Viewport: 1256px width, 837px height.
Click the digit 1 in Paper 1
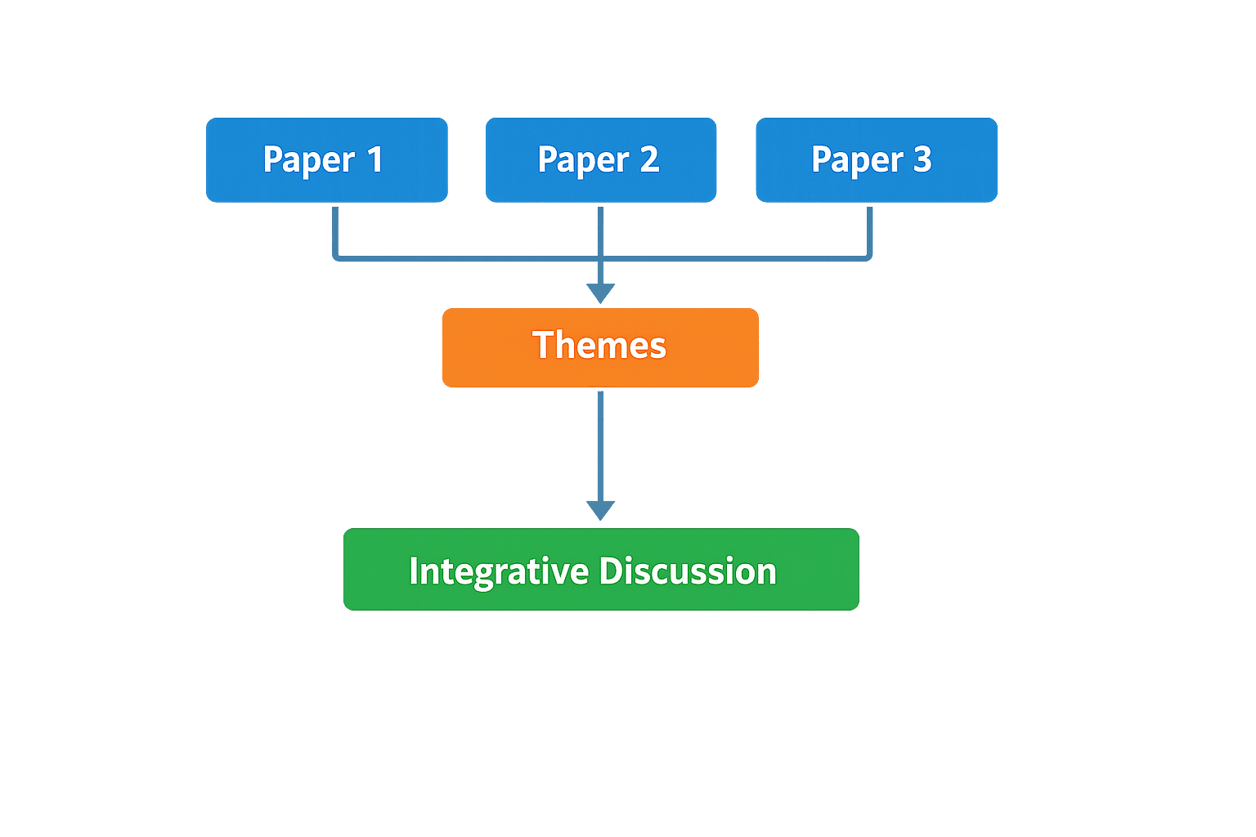pyautogui.click(x=375, y=159)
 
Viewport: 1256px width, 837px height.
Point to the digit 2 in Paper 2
pyautogui.click(x=649, y=159)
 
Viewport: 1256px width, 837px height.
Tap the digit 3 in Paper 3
pyautogui.click(x=922, y=159)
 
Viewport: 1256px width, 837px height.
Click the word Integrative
pyautogui.click(x=499, y=571)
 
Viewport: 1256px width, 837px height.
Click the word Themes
pyautogui.click(x=599, y=345)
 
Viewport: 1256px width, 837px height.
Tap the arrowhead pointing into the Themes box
pyautogui.click(x=601, y=293)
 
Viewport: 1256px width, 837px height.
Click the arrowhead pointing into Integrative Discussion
pyautogui.click(x=600, y=510)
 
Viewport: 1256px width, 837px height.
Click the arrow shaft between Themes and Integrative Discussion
pyautogui.click(x=600, y=445)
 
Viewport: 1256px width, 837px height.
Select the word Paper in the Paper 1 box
pyautogui.click(x=309, y=160)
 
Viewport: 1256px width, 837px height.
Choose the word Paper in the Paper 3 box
pyautogui.click(x=857, y=160)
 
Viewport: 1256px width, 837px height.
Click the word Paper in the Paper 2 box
pyautogui.click(x=584, y=160)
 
